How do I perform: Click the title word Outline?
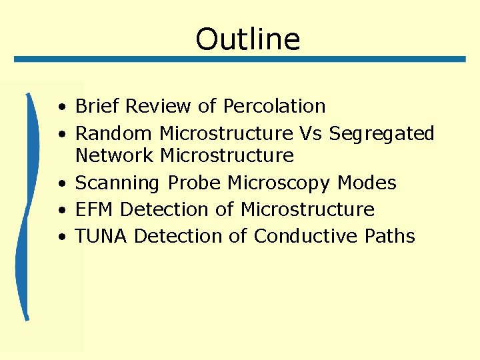[248, 39]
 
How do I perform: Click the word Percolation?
[274, 106]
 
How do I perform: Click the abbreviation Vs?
[311, 133]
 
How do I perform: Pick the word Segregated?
[381, 134]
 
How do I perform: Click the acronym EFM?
[95, 209]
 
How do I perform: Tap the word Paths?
[390, 236]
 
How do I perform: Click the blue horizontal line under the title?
[240, 59]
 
